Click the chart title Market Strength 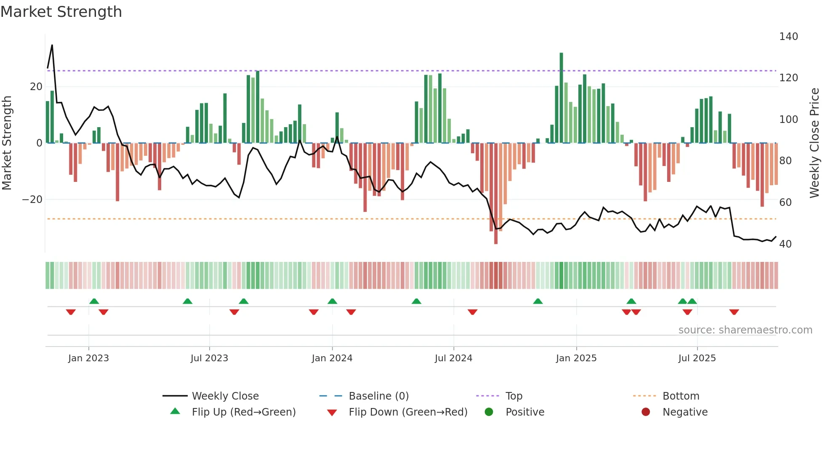click(x=61, y=12)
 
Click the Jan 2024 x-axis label click(x=332, y=358)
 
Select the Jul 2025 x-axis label click(x=697, y=358)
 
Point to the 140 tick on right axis click(x=788, y=37)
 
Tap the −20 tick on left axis click(x=32, y=200)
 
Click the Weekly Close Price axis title click(x=814, y=143)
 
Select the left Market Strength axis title click(x=7, y=143)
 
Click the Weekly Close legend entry click(x=225, y=396)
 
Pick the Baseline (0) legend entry click(x=378, y=396)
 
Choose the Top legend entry click(x=514, y=396)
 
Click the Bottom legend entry click(x=681, y=396)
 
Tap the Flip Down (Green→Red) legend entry click(x=407, y=412)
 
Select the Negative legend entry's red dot click(x=646, y=412)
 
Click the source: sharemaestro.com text click(x=745, y=330)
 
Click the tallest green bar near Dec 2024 click(x=561, y=97)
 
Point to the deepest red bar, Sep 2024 click(x=496, y=194)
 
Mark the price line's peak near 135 click(x=52, y=45)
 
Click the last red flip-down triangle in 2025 click(x=734, y=312)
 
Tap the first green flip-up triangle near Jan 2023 click(x=94, y=301)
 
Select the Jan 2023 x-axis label click(x=88, y=358)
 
